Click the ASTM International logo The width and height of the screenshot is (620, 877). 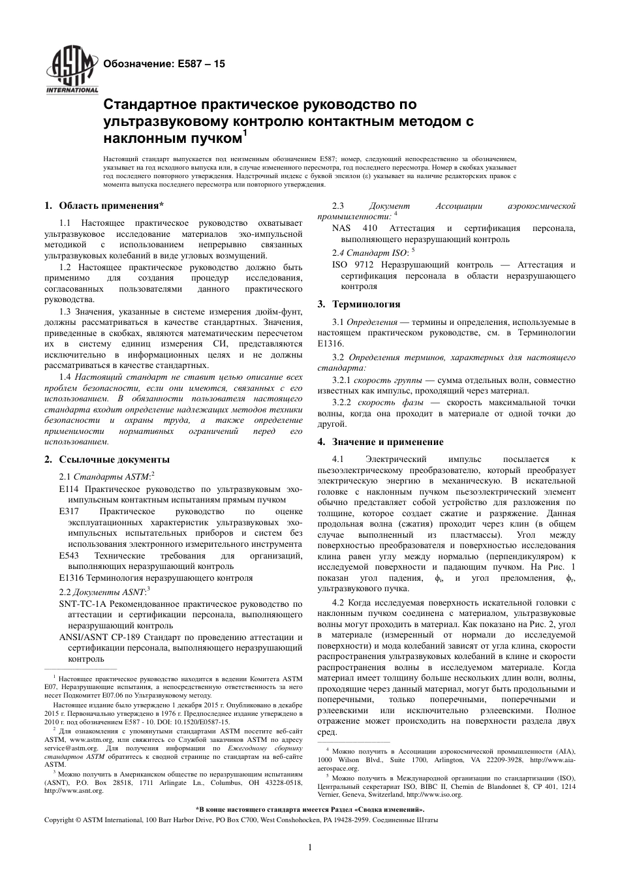click(x=70, y=69)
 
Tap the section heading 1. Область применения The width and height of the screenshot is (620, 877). click(x=104, y=207)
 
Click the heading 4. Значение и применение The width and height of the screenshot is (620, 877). click(x=380, y=442)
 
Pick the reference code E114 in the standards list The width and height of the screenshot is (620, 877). click(x=67, y=489)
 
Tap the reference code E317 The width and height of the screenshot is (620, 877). click(x=69, y=511)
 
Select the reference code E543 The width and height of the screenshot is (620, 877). click(x=69, y=555)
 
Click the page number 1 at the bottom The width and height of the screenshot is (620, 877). click(x=310, y=848)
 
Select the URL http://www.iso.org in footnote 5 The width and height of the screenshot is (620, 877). click(x=434, y=795)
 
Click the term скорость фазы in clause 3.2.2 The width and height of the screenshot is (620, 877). click(x=381, y=403)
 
